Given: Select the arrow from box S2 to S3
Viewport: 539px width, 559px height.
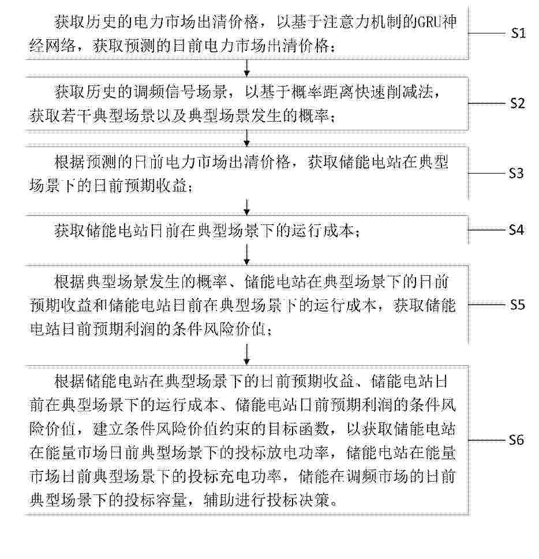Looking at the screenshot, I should click(x=247, y=137).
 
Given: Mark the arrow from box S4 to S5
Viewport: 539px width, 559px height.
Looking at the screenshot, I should click(x=247, y=253).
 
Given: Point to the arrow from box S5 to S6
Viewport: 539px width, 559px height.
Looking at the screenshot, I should click(x=247, y=351).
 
